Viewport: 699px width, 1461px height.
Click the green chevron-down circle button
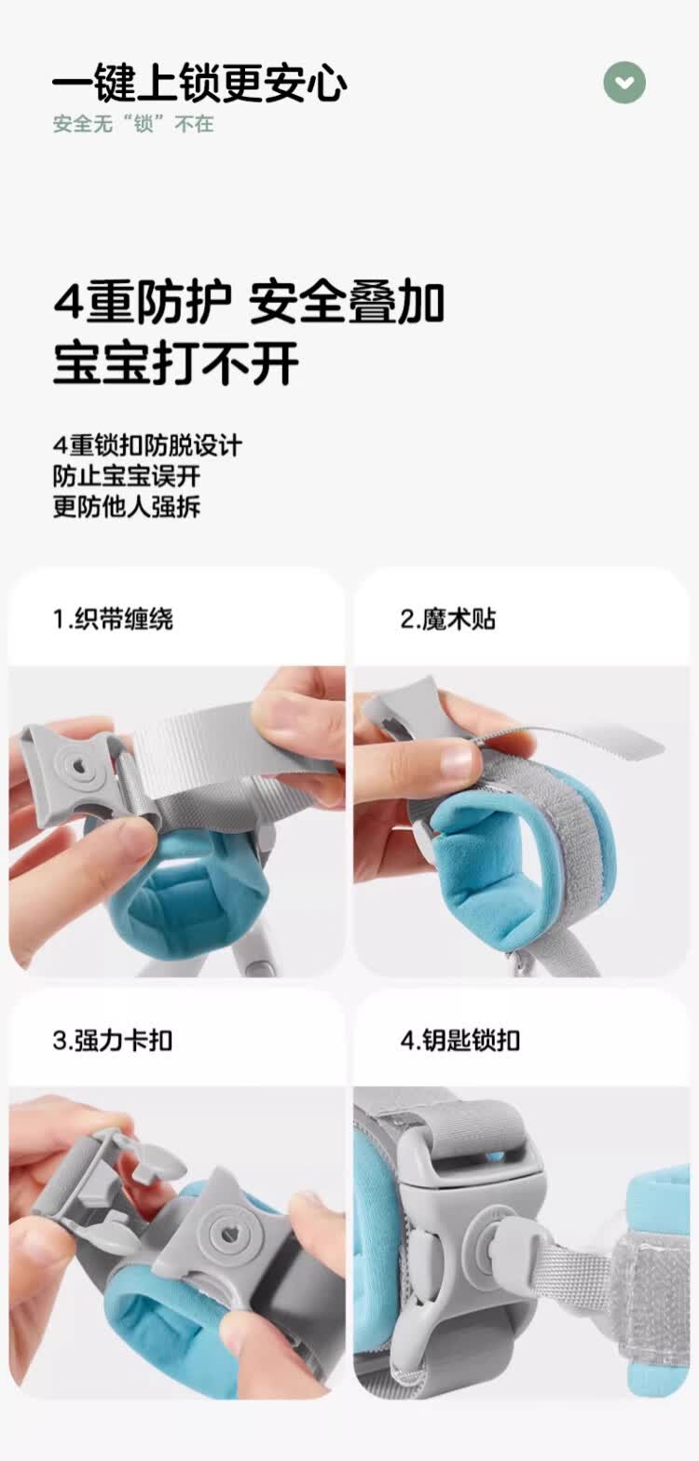pyautogui.click(x=624, y=83)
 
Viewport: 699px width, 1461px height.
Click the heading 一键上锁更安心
pyautogui.click(x=199, y=85)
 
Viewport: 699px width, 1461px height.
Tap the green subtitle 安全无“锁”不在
pyautogui.click(x=133, y=124)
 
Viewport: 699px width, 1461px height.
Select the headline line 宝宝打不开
pyautogui.click(x=175, y=362)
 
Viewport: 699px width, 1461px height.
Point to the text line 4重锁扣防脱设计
pyautogui.click(x=147, y=445)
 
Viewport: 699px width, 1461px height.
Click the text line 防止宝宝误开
pyautogui.click(x=126, y=476)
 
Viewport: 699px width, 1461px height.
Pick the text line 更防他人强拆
pyautogui.click(x=126, y=507)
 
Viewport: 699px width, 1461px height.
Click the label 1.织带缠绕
pyautogui.click(x=113, y=619)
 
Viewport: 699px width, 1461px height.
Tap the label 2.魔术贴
pyautogui.click(x=448, y=619)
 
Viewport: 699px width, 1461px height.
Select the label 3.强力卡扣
pyautogui.click(x=113, y=1040)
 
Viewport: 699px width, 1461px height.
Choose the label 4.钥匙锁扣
pyautogui.click(x=460, y=1040)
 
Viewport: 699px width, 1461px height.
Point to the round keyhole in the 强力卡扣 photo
pyautogui.click(x=226, y=1236)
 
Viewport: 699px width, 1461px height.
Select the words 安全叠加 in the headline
pyautogui.click(x=347, y=303)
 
